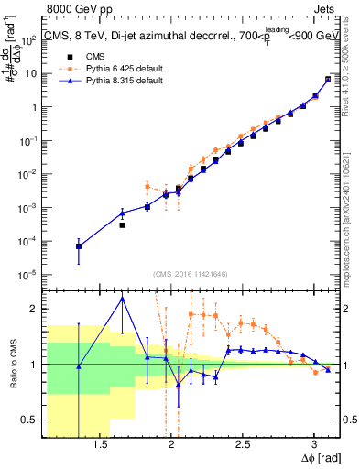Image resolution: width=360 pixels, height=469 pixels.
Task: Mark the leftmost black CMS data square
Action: [x=79, y=246]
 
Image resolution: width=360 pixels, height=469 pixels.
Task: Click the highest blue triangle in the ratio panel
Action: [x=122, y=298]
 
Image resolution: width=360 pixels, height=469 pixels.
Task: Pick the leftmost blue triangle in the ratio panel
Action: [x=79, y=366]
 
